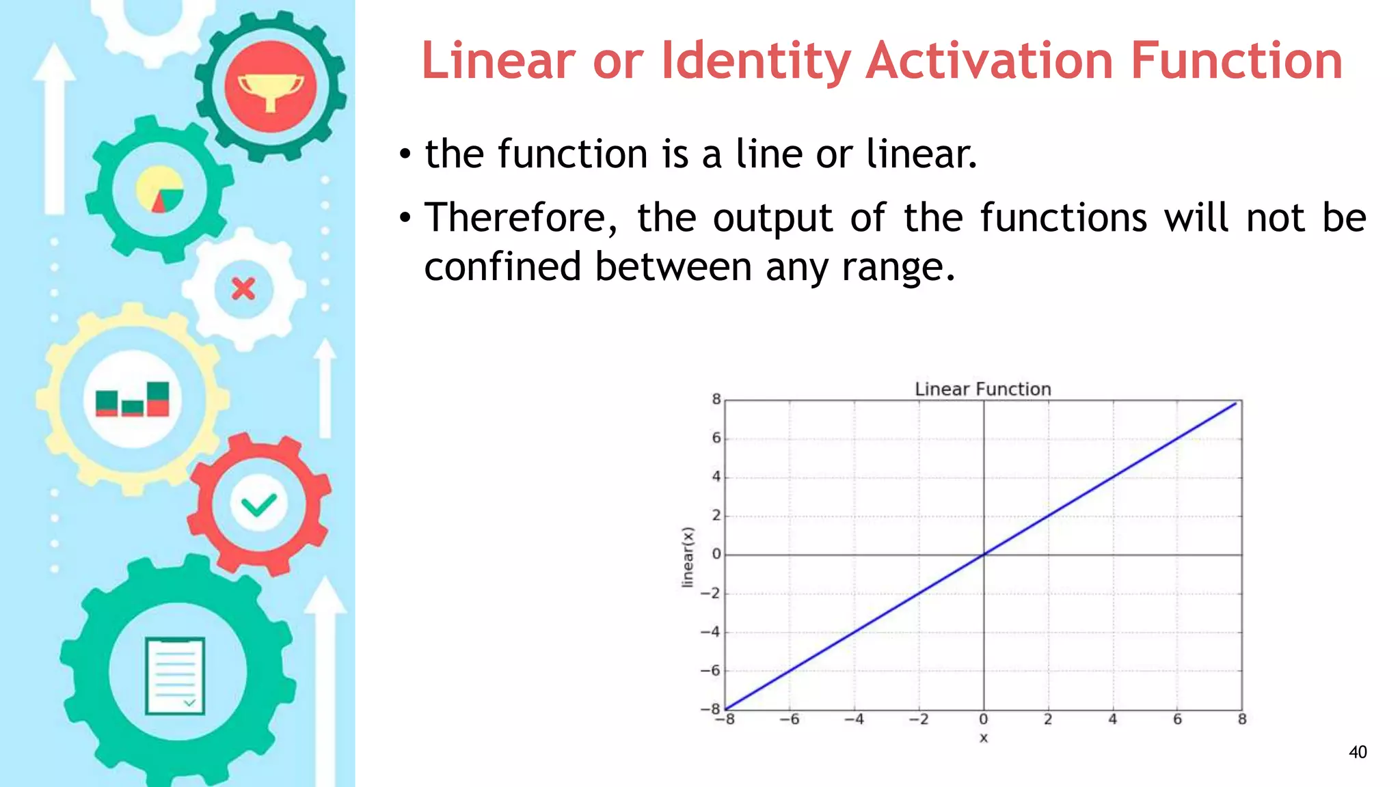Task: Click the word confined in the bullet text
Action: [x=502, y=266]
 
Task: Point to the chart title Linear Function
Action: [x=982, y=389]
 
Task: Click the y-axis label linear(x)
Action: [x=688, y=557]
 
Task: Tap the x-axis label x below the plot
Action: [x=983, y=738]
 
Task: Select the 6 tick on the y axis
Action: [x=716, y=438]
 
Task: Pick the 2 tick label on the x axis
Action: [x=1048, y=719]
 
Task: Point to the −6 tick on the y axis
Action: [x=711, y=671]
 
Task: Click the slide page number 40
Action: [x=1358, y=752]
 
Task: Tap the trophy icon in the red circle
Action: [x=271, y=91]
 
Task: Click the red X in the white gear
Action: [x=243, y=289]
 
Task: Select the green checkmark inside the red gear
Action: [x=258, y=505]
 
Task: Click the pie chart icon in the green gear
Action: [x=160, y=189]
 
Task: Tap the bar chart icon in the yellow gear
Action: [x=132, y=399]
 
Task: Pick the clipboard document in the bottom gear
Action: [x=175, y=676]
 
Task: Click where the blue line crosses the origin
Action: [x=984, y=554]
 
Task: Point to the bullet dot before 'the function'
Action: [x=405, y=155]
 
